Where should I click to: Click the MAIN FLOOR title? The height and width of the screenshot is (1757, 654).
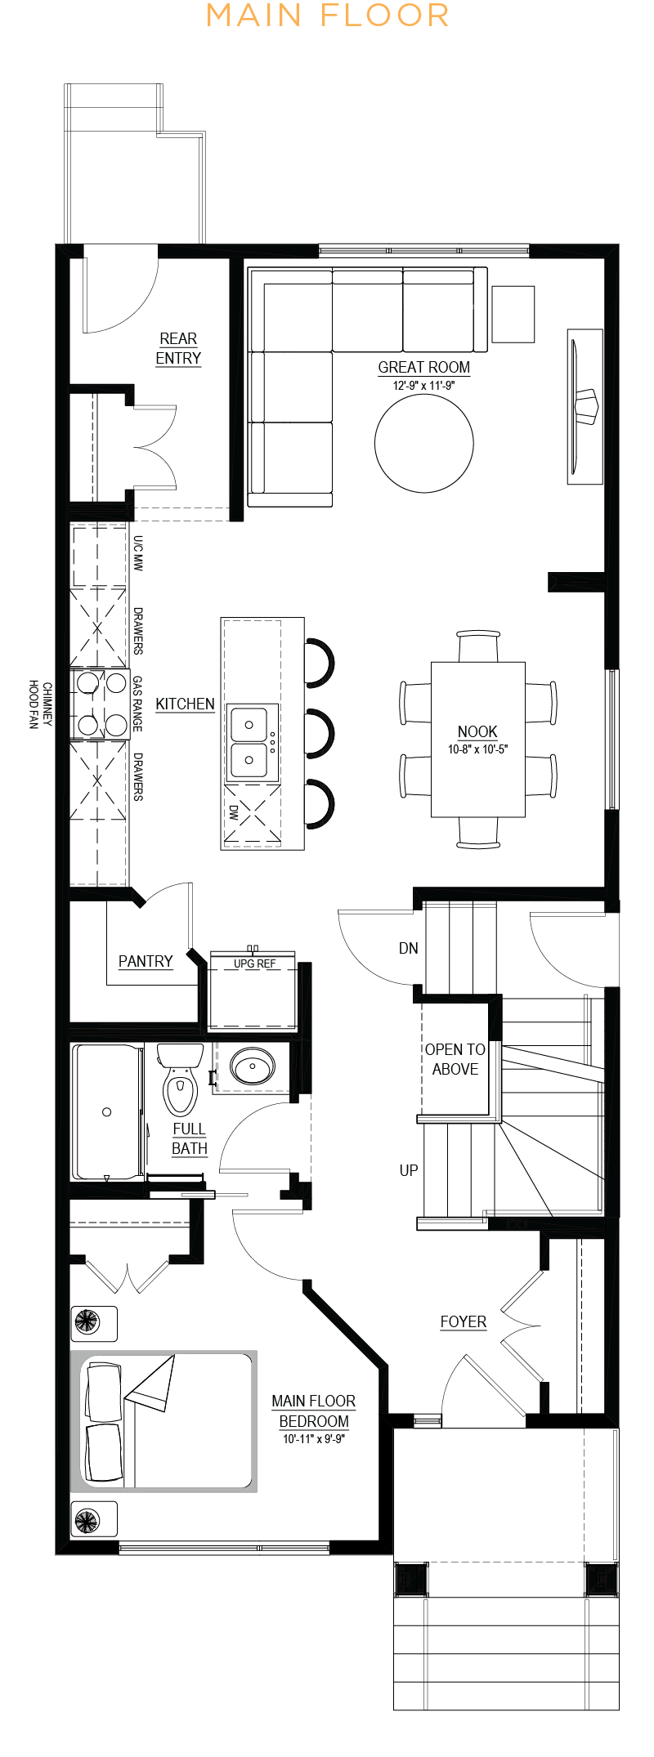(327, 16)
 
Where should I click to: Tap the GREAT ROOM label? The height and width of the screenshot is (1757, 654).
(423, 368)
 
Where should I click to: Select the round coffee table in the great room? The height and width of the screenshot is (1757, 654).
(423, 443)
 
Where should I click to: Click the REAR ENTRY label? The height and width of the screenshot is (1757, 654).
(178, 349)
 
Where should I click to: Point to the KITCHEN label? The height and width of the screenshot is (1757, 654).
(185, 704)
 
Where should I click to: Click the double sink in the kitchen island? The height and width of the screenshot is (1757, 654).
(252, 742)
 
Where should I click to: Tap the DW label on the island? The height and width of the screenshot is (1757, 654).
(234, 812)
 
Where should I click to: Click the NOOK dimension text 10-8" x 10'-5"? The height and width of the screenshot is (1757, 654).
(477, 749)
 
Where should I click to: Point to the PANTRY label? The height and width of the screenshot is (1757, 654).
(146, 961)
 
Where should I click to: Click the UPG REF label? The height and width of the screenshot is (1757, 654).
(254, 963)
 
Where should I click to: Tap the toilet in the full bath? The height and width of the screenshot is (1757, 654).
(180, 1079)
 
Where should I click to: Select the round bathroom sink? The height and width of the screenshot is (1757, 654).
(253, 1066)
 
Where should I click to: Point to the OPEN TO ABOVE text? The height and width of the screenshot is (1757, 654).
(455, 1059)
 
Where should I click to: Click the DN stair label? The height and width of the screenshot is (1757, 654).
(409, 948)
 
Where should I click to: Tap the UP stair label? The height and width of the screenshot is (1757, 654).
(409, 1170)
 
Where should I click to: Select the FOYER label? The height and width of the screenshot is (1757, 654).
(463, 1321)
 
